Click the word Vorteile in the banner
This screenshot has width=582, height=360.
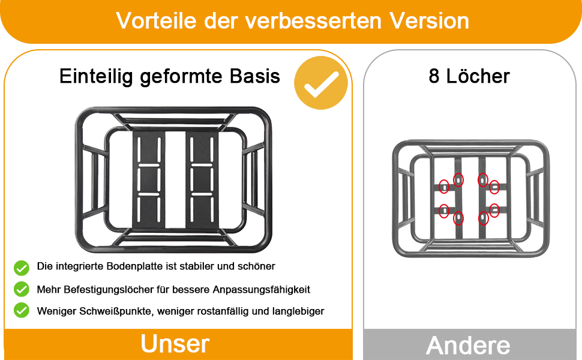pos(156,20)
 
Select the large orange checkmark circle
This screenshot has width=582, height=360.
pos(320,83)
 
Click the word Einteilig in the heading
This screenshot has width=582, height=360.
pos(96,77)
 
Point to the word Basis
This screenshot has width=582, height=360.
pos(254,76)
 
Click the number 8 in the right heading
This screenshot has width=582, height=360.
pos(434,76)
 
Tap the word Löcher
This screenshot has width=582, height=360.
pos(478,76)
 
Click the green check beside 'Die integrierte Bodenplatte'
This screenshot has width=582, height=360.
pos(22,268)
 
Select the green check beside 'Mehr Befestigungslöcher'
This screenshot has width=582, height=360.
pos(22,289)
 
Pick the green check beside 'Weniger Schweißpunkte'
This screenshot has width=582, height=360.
pos(22,310)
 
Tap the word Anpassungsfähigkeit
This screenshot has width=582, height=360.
pos(261,290)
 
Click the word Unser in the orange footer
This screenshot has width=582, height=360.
pos(175,344)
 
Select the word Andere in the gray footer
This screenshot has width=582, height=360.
pos(468,346)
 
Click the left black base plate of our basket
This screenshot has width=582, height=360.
pos(148,179)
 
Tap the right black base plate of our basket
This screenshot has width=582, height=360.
pos(202,179)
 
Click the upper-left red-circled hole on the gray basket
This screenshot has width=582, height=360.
pos(444,187)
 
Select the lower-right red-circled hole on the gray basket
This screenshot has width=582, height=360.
pos(494,211)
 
